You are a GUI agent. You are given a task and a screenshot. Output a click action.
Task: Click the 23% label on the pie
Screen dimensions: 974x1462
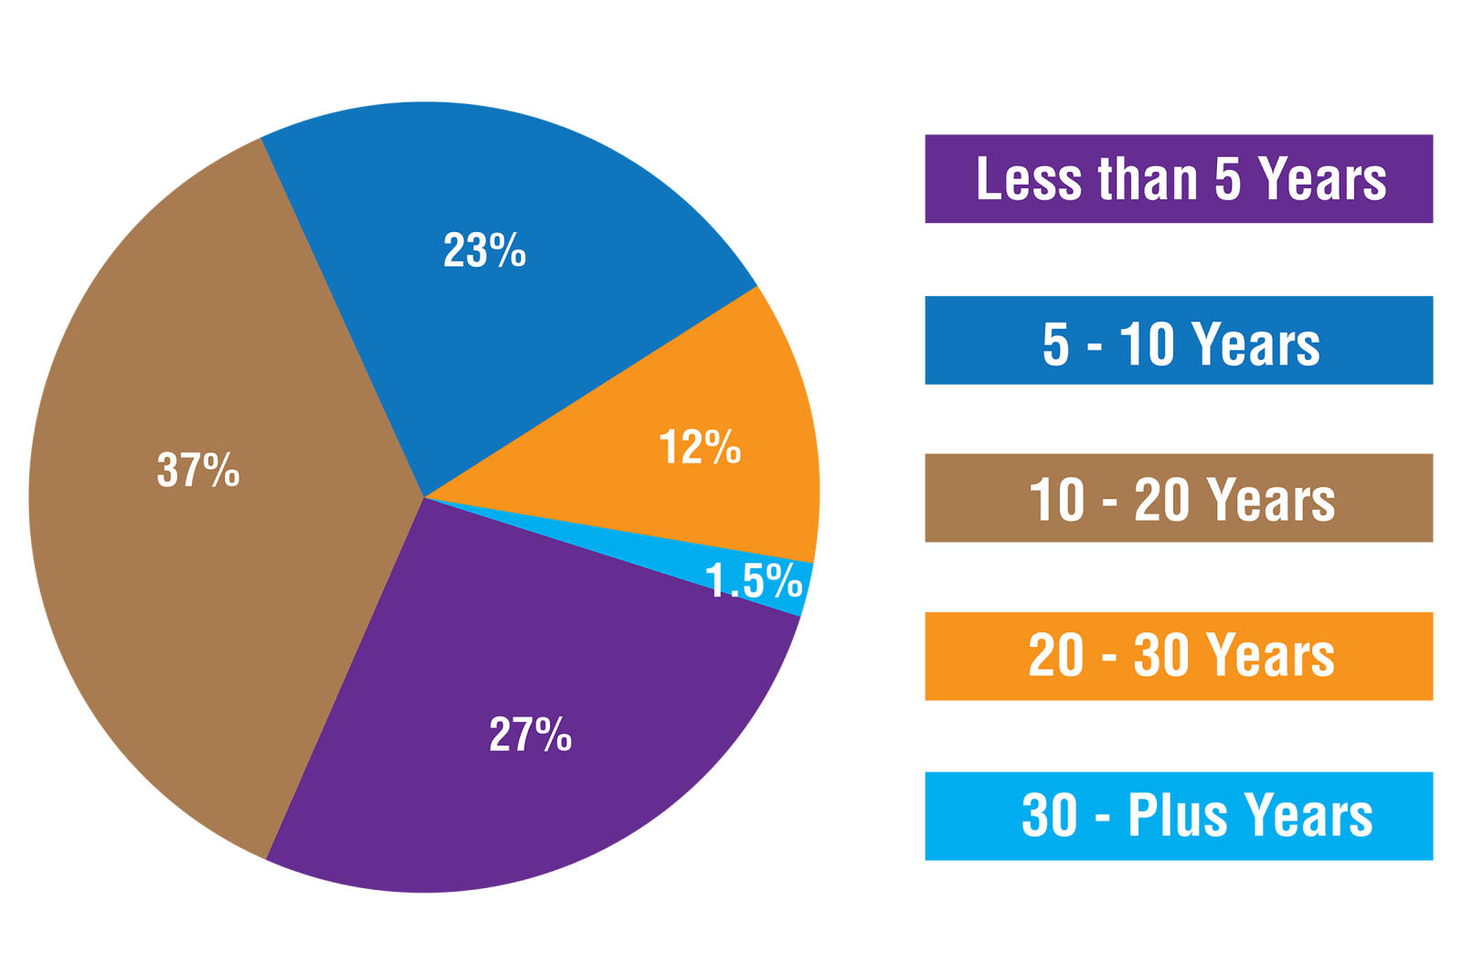(x=484, y=250)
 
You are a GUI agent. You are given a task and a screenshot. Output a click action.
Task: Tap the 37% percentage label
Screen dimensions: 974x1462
(x=198, y=471)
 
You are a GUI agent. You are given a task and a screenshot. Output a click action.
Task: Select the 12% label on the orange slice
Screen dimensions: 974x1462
(x=700, y=448)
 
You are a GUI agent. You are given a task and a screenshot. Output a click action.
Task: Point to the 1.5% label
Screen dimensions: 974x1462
(x=754, y=581)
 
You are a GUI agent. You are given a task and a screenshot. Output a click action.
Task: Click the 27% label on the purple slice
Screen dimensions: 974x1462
(x=530, y=735)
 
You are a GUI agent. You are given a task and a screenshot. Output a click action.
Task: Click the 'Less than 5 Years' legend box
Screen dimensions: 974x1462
(x=1179, y=179)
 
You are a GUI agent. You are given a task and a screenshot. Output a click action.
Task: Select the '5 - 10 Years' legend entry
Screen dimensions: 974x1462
(x=1179, y=341)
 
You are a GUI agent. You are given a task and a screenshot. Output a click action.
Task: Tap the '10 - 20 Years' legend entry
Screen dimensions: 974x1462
(x=1179, y=498)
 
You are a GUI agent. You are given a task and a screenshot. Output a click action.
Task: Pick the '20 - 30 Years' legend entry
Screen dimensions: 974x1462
(x=1179, y=656)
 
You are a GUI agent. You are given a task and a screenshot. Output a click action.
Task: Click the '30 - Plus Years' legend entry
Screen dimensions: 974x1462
(x=1179, y=815)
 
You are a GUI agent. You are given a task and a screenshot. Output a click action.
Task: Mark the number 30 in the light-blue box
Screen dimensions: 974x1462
(x=1050, y=815)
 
